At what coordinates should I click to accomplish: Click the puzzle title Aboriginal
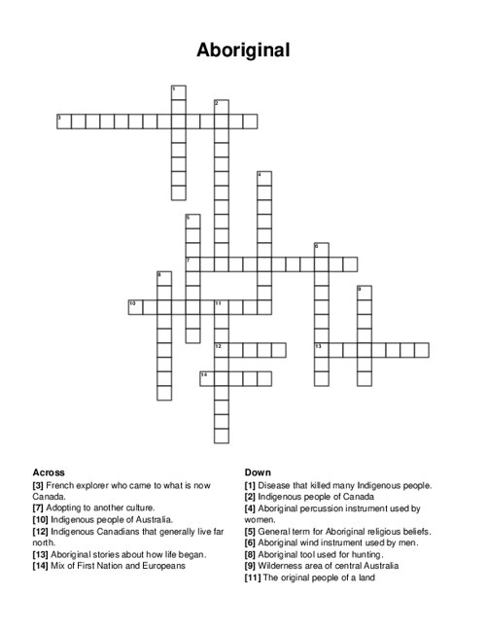coord(242,50)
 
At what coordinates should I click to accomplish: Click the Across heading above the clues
coord(49,472)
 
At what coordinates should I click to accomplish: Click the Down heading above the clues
coord(258,472)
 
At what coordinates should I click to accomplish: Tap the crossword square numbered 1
coord(178,92)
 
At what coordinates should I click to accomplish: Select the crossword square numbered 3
coord(64,121)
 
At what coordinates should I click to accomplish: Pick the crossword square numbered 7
coord(192,263)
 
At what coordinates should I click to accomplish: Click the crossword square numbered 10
coord(135,306)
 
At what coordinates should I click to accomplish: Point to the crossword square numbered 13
coord(321,349)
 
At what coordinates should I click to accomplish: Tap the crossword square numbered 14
coord(207,378)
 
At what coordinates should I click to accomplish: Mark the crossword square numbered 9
coord(364,293)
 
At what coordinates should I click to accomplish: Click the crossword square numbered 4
coord(263,178)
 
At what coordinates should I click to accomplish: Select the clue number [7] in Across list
coord(39,508)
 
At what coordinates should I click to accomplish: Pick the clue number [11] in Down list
coord(254,577)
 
